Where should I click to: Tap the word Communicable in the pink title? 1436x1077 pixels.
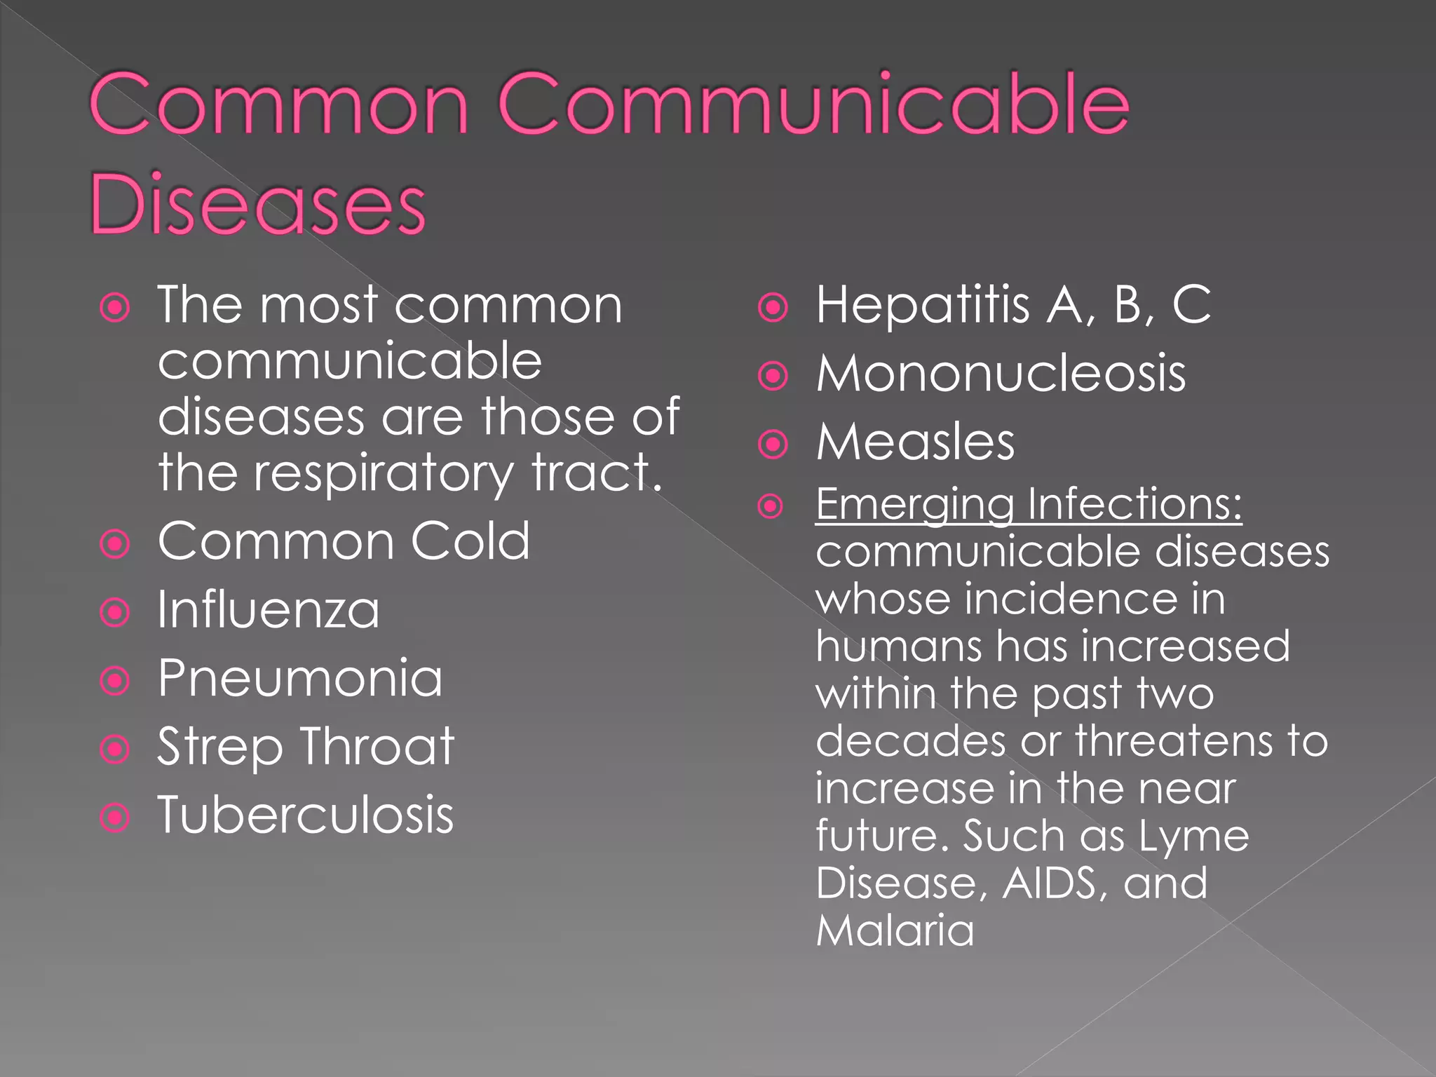coord(813,105)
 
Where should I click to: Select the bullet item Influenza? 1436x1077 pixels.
coord(269,610)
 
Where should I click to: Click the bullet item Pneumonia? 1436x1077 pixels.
coord(300,678)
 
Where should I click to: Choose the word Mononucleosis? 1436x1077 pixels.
coord(1001,373)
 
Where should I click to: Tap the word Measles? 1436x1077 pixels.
coord(915,442)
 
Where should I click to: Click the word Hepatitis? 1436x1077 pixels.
coord(923,306)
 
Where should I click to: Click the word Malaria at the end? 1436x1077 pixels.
coord(895,931)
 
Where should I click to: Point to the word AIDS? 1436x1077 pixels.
coord(1049,883)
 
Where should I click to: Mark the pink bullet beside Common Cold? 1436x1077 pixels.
coord(115,544)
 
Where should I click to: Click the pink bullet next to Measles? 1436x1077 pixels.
coord(773,445)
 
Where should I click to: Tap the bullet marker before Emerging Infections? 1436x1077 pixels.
coord(771,506)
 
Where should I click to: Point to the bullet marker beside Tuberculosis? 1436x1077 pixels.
coord(115,818)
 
